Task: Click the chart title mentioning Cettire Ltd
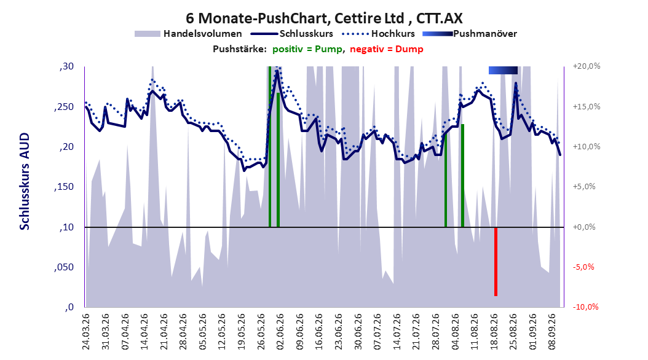click(324, 18)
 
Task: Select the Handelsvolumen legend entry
click(188, 34)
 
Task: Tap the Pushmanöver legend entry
click(470, 34)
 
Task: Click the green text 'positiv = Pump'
click(307, 49)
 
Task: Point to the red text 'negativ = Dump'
click(387, 49)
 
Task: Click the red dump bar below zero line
click(496, 262)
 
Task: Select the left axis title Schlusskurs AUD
click(25, 181)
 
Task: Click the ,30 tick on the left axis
click(66, 66)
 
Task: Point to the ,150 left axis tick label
click(64, 187)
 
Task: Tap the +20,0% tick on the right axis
click(587, 66)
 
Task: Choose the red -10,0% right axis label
click(585, 307)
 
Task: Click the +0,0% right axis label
click(584, 227)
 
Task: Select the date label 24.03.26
click(86, 332)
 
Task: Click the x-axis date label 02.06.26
click(280, 332)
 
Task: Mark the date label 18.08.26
click(494, 332)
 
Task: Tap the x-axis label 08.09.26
click(552, 332)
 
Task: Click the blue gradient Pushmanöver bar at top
click(503, 70)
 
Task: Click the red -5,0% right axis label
click(584, 267)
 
